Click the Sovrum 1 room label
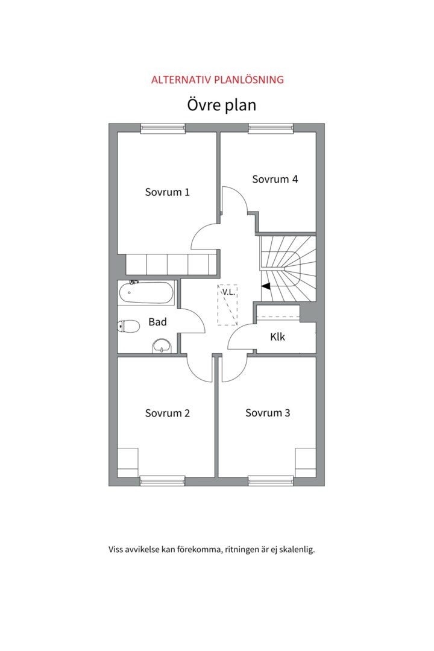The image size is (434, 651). click(x=168, y=192)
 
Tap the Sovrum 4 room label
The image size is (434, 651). click(x=275, y=180)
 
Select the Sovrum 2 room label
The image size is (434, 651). click(x=168, y=413)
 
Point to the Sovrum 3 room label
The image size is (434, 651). click(x=268, y=413)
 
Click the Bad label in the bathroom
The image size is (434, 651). click(x=157, y=322)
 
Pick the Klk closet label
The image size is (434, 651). click(x=277, y=337)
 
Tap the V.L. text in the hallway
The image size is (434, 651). click(x=228, y=292)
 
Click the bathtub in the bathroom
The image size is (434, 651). click(x=146, y=292)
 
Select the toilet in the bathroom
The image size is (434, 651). click(x=129, y=326)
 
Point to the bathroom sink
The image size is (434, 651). click(x=162, y=345)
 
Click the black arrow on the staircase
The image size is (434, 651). click(x=265, y=286)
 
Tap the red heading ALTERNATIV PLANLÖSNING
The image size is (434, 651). click(x=217, y=80)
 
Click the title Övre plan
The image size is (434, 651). click(x=221, y=105)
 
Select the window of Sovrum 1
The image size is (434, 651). click(x=163, y=129)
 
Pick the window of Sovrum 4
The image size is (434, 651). click(x=271, y=129)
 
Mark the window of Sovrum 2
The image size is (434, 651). click(x=162, y=481)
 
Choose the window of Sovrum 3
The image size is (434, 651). click(x=271, y=481)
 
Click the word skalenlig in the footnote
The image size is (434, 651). click(x=297, y=550)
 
